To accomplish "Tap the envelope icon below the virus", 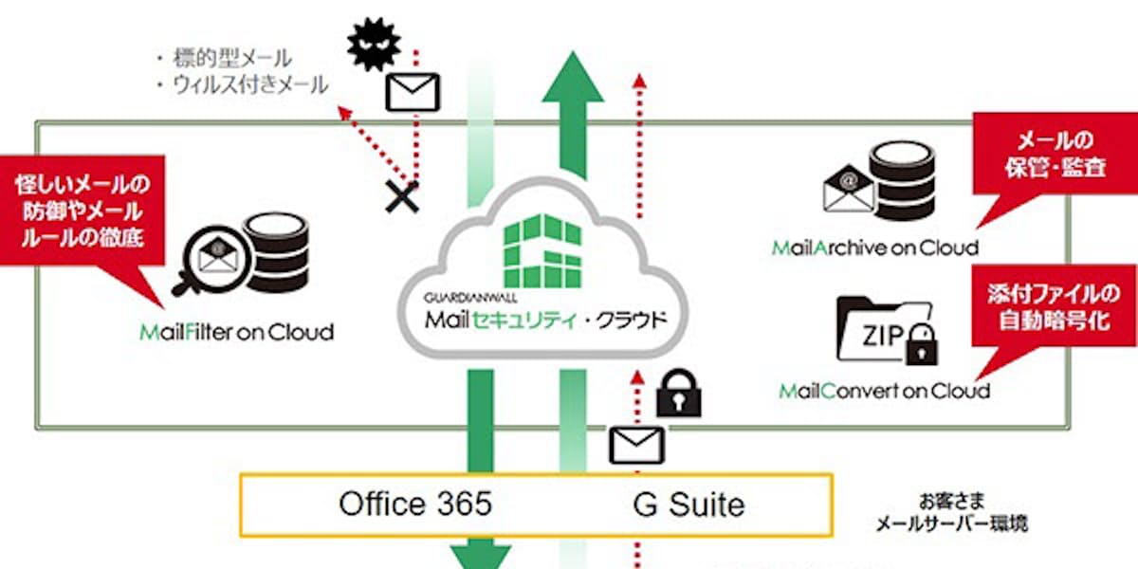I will pyautogui.click(x=413, y=92).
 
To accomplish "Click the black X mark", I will pyautogui.click(x=402, y=196).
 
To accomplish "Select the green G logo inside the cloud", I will pyautogui.click(x=544, y=251).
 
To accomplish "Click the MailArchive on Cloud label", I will pyautogui.click(x=874, y=248).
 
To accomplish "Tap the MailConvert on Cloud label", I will pyautogui.click(x=884, y=390).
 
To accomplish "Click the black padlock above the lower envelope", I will pyautogui.click(x=679, y=393).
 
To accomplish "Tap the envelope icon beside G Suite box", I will pyautogui.click(x=636, y=445).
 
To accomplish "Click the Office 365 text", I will pyautogui.click(x=415, y=504).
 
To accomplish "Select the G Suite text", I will pyautogui.click(x=688, y=504).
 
